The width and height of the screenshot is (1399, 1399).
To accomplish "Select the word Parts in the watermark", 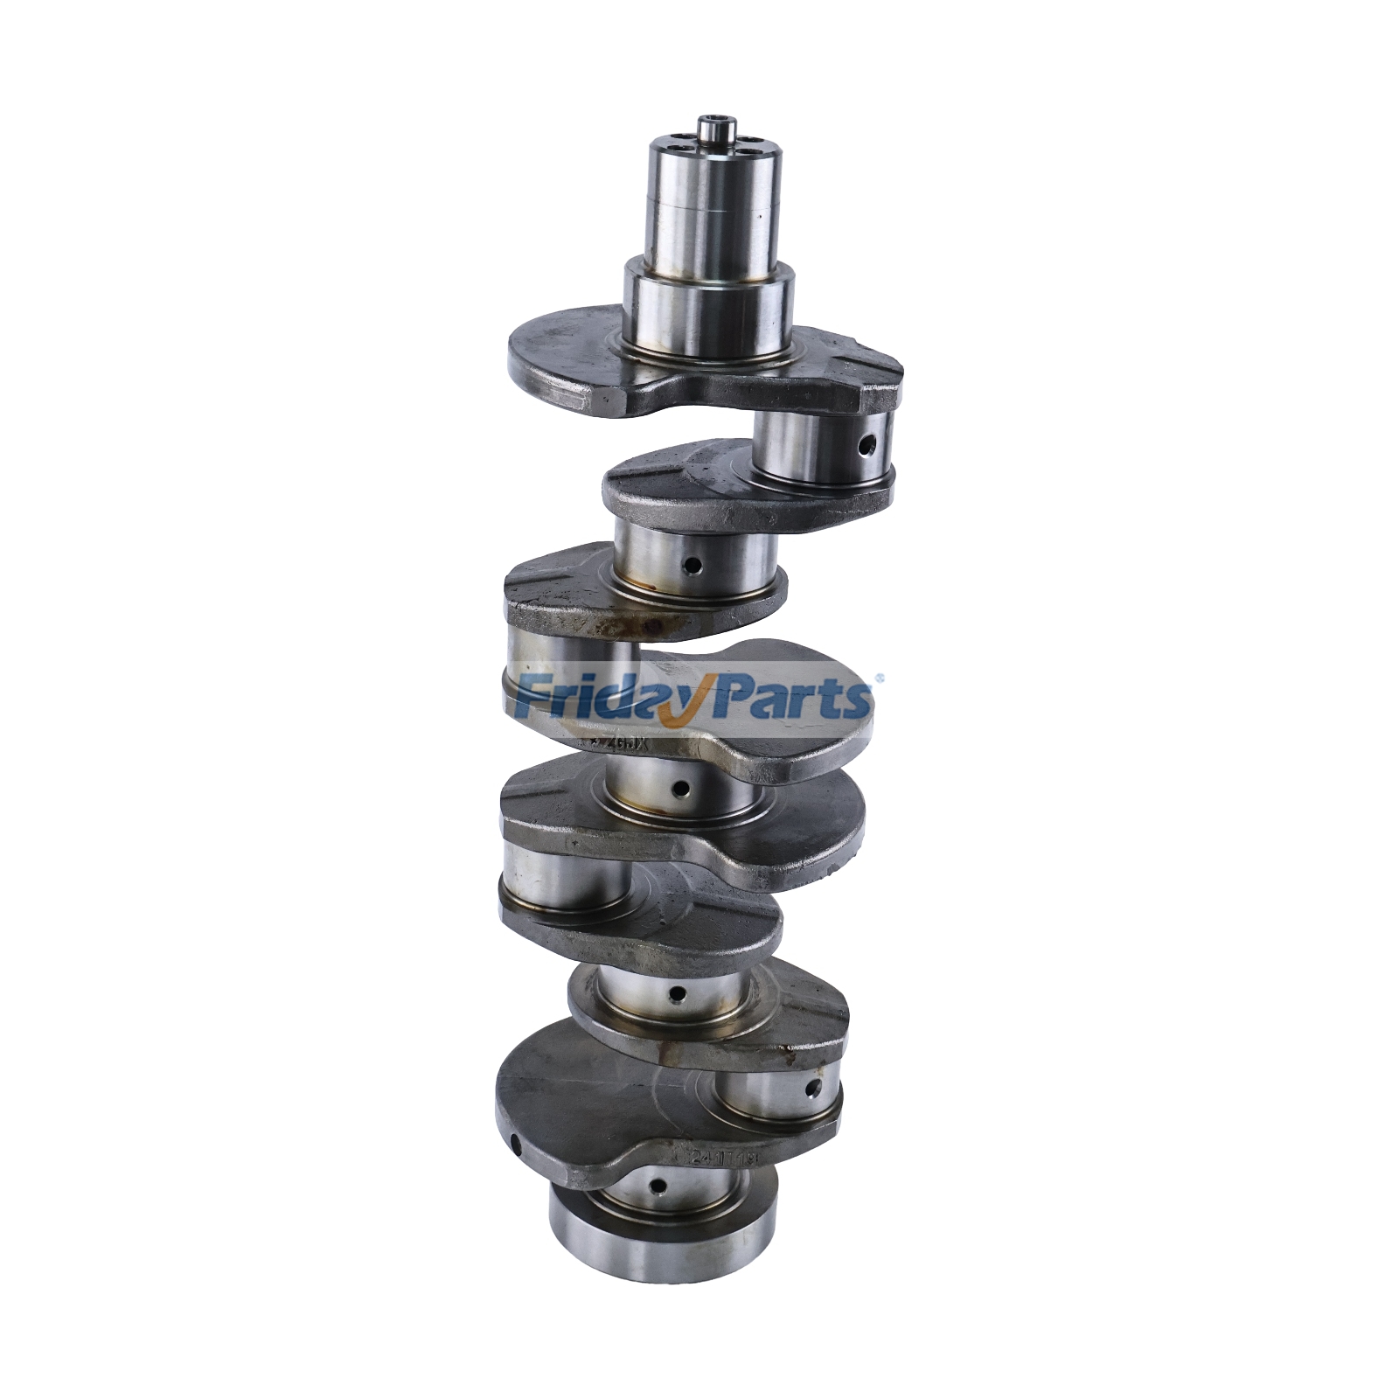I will pyautogui.click(x=787, y=699).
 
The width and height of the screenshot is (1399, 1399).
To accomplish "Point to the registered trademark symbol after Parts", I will pyautogui.click(x=879, y=677).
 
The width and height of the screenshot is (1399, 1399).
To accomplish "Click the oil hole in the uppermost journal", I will pyautogui.click(x=866, y=446).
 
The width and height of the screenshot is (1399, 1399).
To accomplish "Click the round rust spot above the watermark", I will pyautogui.click(x=652, y=626).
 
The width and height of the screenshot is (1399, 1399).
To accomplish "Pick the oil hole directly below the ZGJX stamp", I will pyautogui.click(x=677, y=789).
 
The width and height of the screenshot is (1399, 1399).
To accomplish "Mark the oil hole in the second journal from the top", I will pyautogui.click(x=693, y=567).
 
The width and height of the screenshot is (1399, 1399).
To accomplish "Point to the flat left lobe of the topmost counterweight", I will pyautogui.click(x=568, y=358).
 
